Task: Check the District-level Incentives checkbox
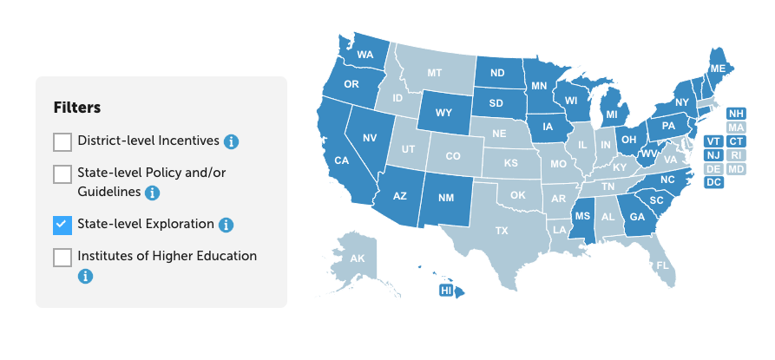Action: pos(62,141)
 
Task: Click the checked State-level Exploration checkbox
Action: pos(62,225)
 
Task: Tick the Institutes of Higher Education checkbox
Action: pos(62,258)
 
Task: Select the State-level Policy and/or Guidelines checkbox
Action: pos(62,174)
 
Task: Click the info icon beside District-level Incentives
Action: pos(232,141)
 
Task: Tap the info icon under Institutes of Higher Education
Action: pos(85,277)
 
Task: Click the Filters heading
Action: pos(77,108)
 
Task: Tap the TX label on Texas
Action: pos(502,231)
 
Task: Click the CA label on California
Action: pos(342,160)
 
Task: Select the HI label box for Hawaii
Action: pos(447,290)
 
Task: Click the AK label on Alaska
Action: pos(358,259)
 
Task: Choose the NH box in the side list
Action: pos(736,114)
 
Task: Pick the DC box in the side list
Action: pos(713,182)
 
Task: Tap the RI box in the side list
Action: pos(736,154)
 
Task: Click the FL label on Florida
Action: pos(663,265)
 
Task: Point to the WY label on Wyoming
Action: pos(443,113)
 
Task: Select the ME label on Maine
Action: pos(718,69)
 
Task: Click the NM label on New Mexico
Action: pos(446,198)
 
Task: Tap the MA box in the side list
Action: pos(736,128)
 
